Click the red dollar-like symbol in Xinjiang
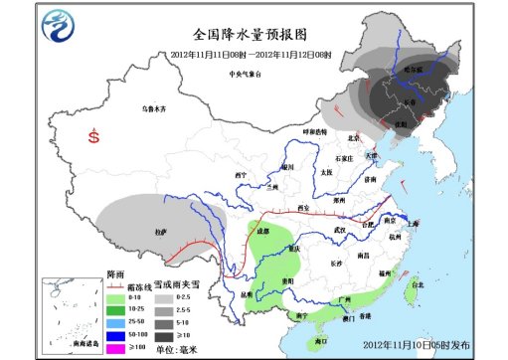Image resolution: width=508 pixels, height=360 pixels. (x=94, y=138)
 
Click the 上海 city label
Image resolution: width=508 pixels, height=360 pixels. (x=416, y=224)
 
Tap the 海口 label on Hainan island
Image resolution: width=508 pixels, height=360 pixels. (x=319, y=341)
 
